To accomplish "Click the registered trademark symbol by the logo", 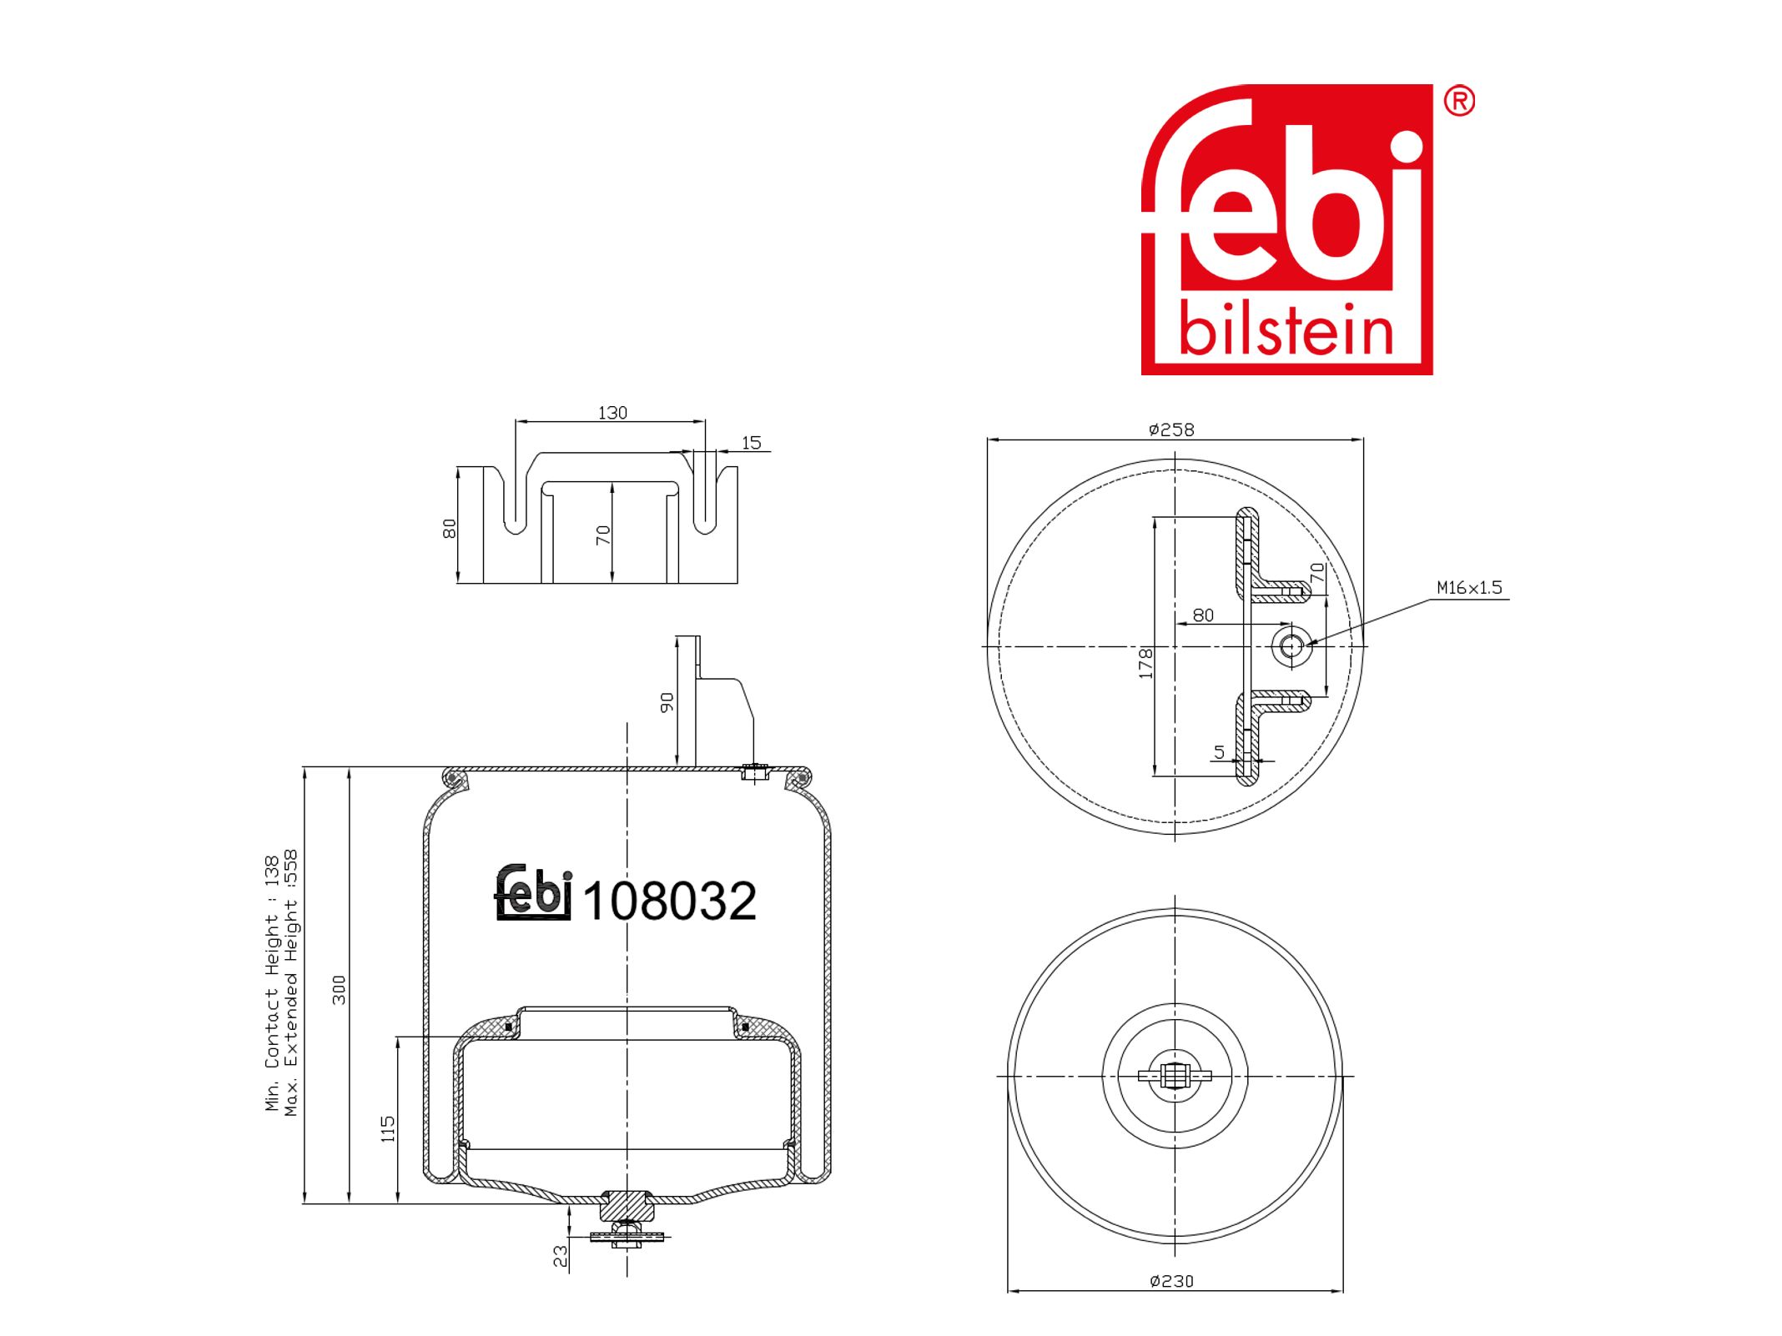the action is tap(1459, 101).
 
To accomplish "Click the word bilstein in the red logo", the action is tap(1286, 331).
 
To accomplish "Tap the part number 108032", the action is tap(669, 901).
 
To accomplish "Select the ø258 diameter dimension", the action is tap(1171, 429).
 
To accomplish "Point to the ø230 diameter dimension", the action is tap(1171, 1281).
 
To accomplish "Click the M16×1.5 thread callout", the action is tap(1469, 587).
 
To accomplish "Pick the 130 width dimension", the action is tap(612, 413).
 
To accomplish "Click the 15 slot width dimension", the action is tap(751, 443).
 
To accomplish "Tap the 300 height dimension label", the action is tap(339, 990).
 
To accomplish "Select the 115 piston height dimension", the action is tap(388, 1129).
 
